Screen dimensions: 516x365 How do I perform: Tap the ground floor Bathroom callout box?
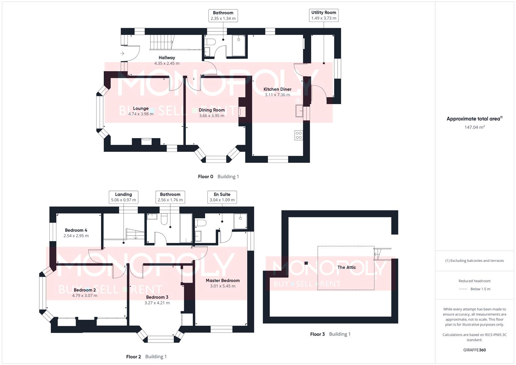coord(223,16)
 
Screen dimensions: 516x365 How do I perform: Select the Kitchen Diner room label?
coord(277,89)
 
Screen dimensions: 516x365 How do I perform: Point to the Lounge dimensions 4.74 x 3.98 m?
coord(141,114)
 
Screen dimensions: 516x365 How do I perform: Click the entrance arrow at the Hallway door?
coord(122,53)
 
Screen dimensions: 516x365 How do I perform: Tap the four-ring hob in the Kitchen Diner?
coord(298,135)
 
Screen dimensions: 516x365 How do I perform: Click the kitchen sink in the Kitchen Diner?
coord(299,111)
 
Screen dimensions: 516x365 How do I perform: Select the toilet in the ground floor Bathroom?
coord(210,42)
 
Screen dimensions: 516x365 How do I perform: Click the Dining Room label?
coord(212,110)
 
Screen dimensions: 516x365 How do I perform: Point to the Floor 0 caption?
coord(205,176)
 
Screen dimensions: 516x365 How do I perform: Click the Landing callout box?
coord(123,197)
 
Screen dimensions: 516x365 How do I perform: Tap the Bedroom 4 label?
coord(76,230)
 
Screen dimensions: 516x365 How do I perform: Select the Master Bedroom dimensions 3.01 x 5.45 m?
coord(223,286)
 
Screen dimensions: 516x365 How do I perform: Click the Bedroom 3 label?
coord(157,297)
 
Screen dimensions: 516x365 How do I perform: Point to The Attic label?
coord(346,267)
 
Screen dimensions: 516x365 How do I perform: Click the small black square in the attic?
coord(306,263)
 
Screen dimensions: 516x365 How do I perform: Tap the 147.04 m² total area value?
coord(474,127)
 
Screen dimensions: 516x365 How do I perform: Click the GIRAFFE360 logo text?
coord(474,350)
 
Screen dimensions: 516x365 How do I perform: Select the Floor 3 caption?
coord(317,334)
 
